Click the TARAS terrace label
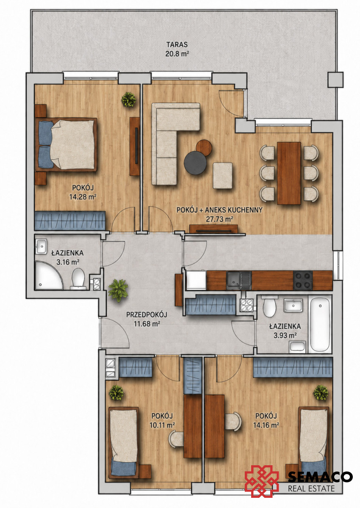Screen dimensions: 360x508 click(x=177, y=44)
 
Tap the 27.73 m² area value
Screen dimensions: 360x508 click(x=219, y=219)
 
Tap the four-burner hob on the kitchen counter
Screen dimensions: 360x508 click(x=303, y=281)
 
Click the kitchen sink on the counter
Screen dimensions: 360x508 click(x=238, y=281)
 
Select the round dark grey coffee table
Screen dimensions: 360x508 click(x=195, y=163)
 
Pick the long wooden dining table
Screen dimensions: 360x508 click(x=289, y=173)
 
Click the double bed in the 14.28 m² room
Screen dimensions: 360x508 click(x=66, y=145)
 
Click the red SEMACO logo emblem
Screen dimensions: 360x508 click(x=262, y=475)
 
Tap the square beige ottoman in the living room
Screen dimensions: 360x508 click(x=223, y=175)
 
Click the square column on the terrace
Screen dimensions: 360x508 click(x=335, y=80)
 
